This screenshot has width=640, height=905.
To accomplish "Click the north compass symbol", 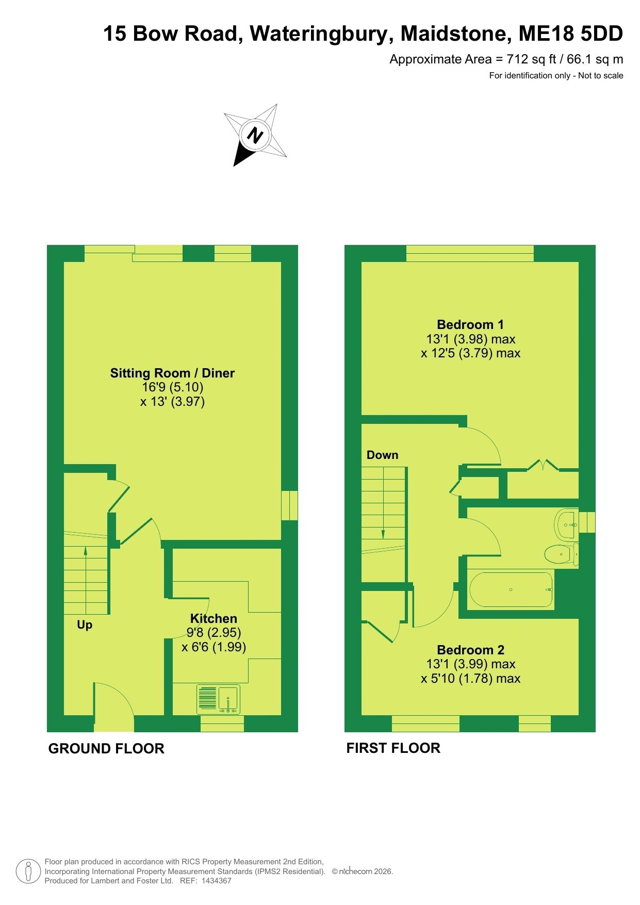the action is tap(255, 135).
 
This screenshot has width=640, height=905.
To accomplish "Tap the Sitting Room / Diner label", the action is tap(172, 373).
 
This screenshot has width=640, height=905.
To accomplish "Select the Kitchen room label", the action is tap(214, 618).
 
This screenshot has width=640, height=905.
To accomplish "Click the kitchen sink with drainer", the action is tap(219, 699).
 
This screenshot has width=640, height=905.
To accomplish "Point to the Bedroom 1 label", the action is tap(470, 324).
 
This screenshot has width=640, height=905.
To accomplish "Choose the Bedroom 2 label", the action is tap(470, 650).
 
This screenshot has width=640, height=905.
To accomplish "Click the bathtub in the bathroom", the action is tap(511, 589).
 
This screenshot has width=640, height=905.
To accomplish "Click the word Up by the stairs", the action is tap(85, 625).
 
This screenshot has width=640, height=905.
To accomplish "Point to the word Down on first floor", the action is tap(382, 455).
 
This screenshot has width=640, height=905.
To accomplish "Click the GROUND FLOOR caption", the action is tap(106, 749).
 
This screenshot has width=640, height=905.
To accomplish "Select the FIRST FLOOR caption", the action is tap(393, 748).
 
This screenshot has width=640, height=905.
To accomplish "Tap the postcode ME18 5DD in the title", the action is tap(571, 34).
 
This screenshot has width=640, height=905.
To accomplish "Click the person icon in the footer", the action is tap(29, 871).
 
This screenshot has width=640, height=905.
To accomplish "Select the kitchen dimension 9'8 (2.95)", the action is tap(214, 632).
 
